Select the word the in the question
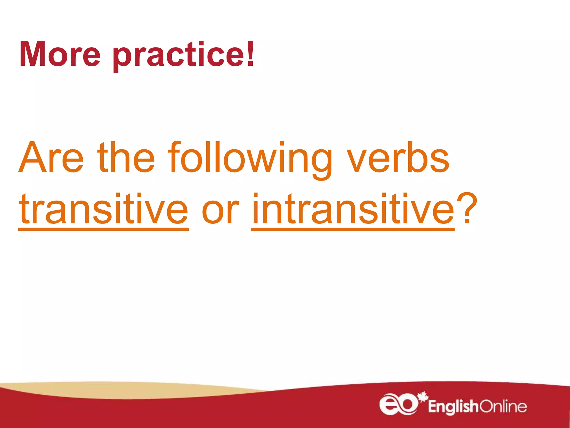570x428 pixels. click(x=126, y=157)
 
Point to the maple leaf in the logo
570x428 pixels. click(x=423, y=397)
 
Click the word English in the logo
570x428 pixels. click(x=453, y=407)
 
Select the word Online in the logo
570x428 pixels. click(x=503, y=407)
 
